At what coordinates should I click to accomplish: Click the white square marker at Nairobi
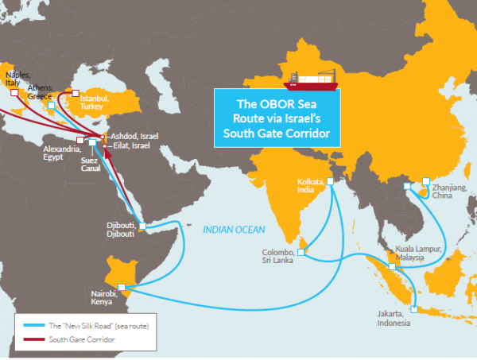click(122, 287)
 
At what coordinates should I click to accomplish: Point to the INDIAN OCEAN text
click(233, 230)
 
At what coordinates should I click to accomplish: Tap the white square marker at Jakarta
click(413, 308)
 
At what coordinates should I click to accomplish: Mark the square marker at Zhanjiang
click(426, 180)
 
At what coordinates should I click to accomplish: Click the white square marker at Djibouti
click(142, 226)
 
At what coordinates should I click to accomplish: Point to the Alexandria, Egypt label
click(61, 153)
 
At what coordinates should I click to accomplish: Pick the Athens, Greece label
click(40, 91)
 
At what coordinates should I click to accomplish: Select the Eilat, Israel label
click(130, 146)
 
